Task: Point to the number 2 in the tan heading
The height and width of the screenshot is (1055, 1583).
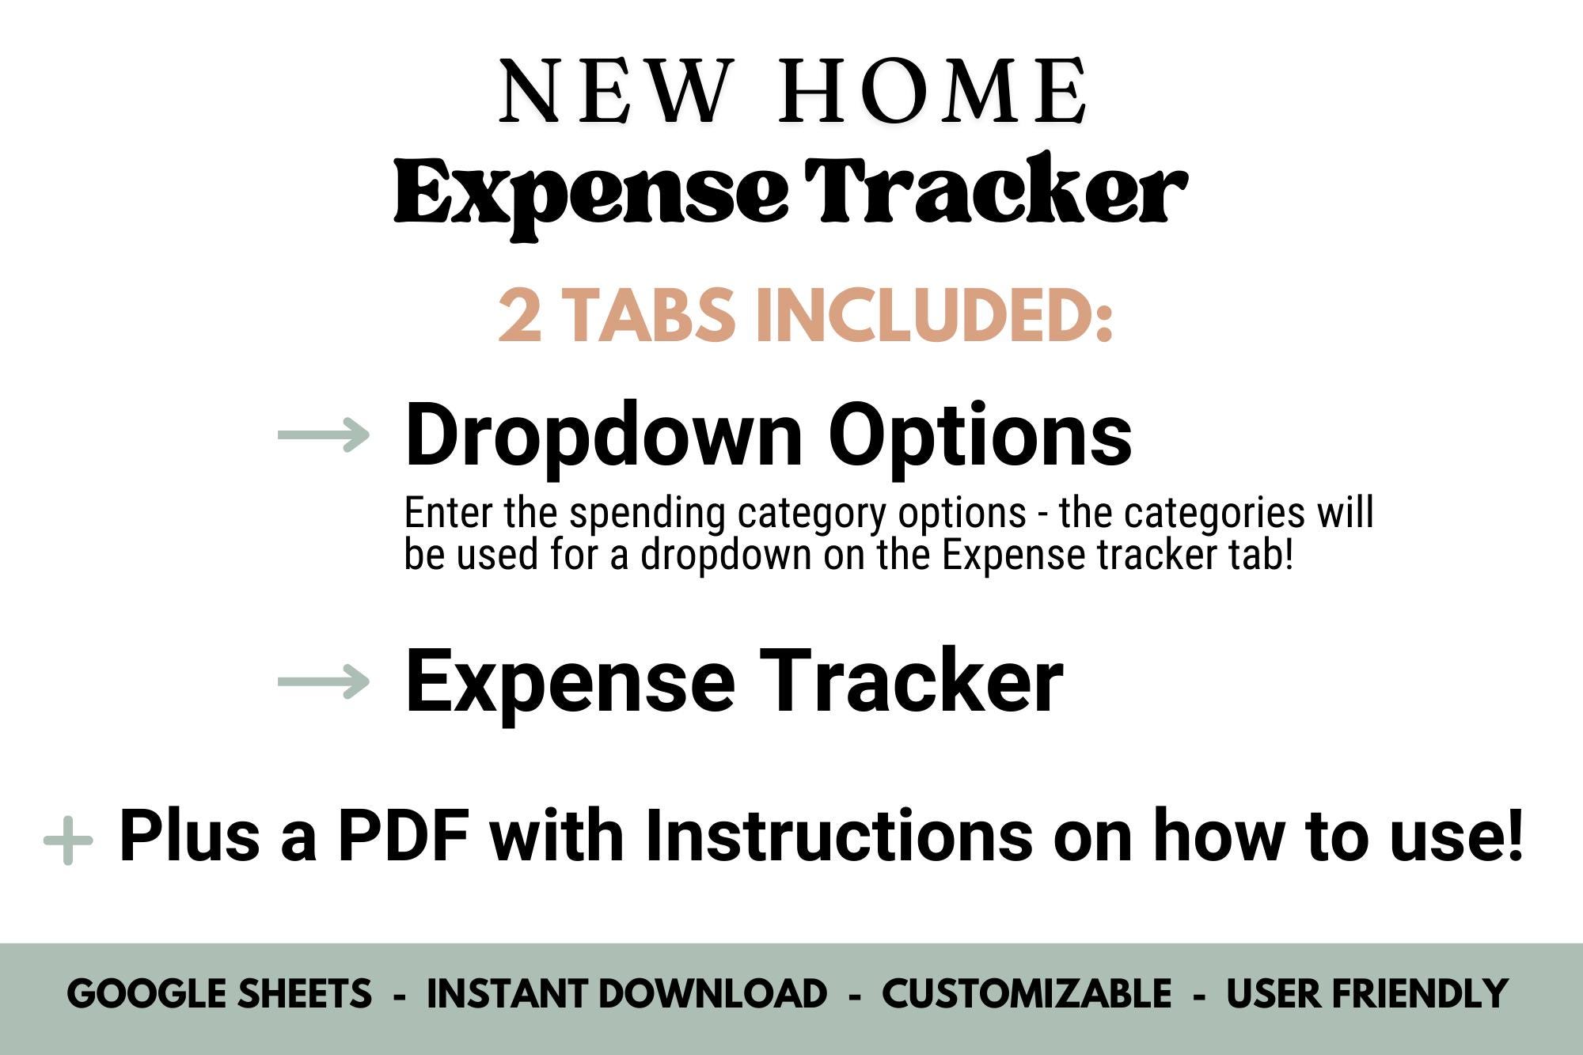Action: point(520,316)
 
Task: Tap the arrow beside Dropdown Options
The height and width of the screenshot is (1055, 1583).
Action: point(324,435)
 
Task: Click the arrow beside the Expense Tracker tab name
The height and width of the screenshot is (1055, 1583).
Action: point(324,681)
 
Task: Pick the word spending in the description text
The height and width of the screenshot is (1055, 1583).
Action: point(647,513)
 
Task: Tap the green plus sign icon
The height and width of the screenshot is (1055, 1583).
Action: point(68,840)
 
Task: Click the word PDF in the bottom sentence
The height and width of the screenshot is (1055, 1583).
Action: point(404,836)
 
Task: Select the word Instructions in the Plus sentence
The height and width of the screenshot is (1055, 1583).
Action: point(839,836)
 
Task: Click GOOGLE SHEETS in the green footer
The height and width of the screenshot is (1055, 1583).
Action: point(219,994)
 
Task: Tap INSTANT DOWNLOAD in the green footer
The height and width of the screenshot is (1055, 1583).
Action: point(627,994)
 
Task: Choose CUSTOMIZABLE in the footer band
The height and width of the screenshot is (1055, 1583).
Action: point(1027,994)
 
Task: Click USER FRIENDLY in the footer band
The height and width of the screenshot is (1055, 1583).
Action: point(1367,994)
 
